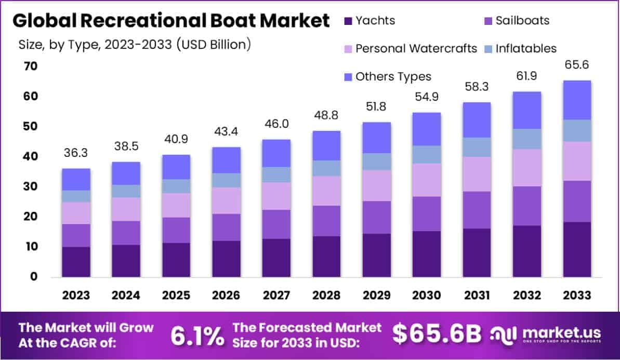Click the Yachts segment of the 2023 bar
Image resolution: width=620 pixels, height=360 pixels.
point(76,261)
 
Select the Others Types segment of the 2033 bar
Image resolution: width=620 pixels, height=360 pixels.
point(577,100)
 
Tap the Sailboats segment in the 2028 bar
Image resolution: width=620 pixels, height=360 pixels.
point(326,221)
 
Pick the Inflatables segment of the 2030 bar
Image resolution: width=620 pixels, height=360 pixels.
point(427,154)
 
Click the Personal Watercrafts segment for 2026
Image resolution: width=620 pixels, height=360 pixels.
point(226,201)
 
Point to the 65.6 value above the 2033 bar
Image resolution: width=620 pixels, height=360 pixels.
point(577,65)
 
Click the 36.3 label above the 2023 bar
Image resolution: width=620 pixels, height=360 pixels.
point(76,154)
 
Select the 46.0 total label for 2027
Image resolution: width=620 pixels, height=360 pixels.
point(276,124)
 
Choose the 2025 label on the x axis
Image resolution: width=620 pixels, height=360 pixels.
point(176,295)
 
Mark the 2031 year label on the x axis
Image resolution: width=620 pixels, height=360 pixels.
point(477,295)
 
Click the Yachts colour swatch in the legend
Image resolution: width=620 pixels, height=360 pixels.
point(348,21)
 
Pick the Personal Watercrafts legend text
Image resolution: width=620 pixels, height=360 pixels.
point(416,49)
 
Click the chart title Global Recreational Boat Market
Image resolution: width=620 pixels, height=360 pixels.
point(171,21)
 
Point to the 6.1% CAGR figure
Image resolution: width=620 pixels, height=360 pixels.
point(197,335)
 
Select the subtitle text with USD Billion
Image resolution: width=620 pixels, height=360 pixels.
point(135,45)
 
